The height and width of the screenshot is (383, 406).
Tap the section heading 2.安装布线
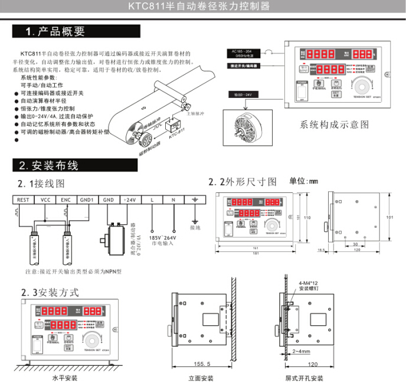point(48,166)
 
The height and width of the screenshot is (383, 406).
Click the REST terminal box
point(23,200)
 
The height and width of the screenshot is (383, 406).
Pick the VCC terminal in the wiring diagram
point(45,200)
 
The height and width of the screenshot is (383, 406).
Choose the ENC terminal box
point(66,200)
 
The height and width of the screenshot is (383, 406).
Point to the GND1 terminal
point(87,200)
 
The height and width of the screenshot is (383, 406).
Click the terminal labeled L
point(152,200)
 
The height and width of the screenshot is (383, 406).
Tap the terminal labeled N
point(173,200)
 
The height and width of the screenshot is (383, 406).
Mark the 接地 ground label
point(195,227)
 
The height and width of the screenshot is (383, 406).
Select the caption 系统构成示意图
point(334,125)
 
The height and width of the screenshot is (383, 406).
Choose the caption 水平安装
point(64,378)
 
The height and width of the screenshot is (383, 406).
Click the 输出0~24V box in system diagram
point(243,94)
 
